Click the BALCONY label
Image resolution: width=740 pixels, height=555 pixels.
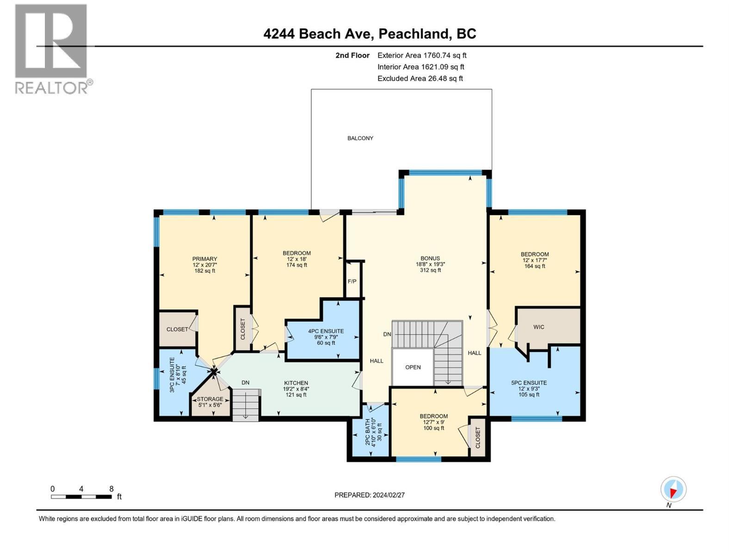point(360,138)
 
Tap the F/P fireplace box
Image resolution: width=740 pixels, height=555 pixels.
point(352,281)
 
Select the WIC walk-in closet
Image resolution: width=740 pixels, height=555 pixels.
point(539,327)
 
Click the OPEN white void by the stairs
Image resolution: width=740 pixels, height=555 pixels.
point(413,367)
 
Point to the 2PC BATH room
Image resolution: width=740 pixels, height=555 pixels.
point(370,432)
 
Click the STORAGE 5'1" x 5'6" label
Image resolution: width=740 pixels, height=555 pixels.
point(210,402)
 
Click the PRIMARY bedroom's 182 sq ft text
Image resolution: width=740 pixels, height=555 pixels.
point(205,271)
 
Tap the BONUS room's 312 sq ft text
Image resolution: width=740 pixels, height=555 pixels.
point(430,270)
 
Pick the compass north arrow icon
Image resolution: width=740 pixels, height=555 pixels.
point(673,489)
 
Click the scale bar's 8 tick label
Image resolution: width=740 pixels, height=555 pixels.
point(111,488)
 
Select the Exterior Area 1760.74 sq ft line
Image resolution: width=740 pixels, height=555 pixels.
point(422,55)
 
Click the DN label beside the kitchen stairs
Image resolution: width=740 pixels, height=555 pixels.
point(246,382)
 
